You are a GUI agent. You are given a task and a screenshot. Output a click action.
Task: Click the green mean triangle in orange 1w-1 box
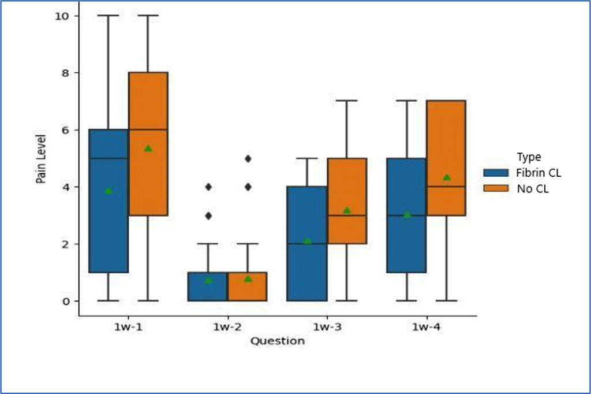coord(148,148)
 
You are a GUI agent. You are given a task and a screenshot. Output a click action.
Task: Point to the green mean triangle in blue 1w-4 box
coord(407,214)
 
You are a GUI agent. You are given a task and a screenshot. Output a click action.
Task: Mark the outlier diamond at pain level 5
coord(248,158)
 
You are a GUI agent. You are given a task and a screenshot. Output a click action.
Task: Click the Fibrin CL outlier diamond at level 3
coord(208,215)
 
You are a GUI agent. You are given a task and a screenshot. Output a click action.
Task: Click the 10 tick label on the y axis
coord(62,16)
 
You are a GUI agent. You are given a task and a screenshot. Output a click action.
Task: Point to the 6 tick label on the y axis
coord(66,130)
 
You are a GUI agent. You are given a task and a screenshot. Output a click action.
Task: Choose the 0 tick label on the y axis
coord(66,301)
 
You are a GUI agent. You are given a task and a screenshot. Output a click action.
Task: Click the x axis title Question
coord(277,341)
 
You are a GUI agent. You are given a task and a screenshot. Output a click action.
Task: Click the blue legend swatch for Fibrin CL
coord(496,173)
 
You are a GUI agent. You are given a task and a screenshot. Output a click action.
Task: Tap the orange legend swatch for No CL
coord(496,188)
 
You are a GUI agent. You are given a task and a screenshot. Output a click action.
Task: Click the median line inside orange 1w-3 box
coord(347,215)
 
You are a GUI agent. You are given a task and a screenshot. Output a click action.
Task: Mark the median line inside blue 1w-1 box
coord(109,158)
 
